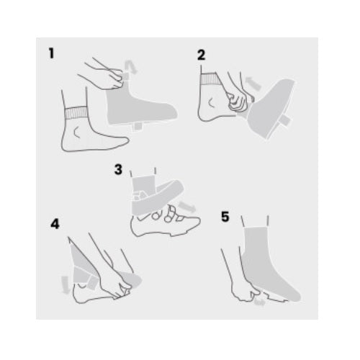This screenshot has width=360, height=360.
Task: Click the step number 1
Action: [51, 53]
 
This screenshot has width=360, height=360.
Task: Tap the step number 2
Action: [201, 55]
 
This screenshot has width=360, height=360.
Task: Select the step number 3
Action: [118, 169]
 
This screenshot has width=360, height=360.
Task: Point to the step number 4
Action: [55, 224]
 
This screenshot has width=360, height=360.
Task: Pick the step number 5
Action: [225, 217]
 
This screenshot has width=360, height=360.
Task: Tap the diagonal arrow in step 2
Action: [253, 84]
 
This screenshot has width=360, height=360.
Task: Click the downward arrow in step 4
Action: [65, 285]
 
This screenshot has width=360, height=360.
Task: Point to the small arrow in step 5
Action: [259, 302]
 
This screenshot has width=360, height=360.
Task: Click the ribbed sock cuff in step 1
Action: [76, 112]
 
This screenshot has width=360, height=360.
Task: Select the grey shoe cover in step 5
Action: [269, 264]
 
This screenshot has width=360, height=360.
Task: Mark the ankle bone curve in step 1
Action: [76, 132]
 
